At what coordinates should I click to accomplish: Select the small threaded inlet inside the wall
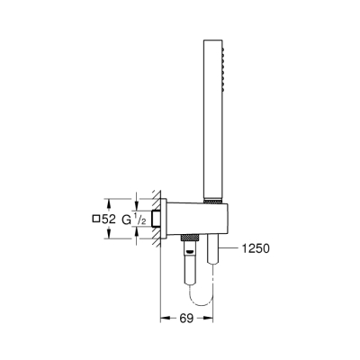(156, 219)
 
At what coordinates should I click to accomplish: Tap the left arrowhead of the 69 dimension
(165, 319)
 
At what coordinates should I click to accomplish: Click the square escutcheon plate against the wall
(166, 219)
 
